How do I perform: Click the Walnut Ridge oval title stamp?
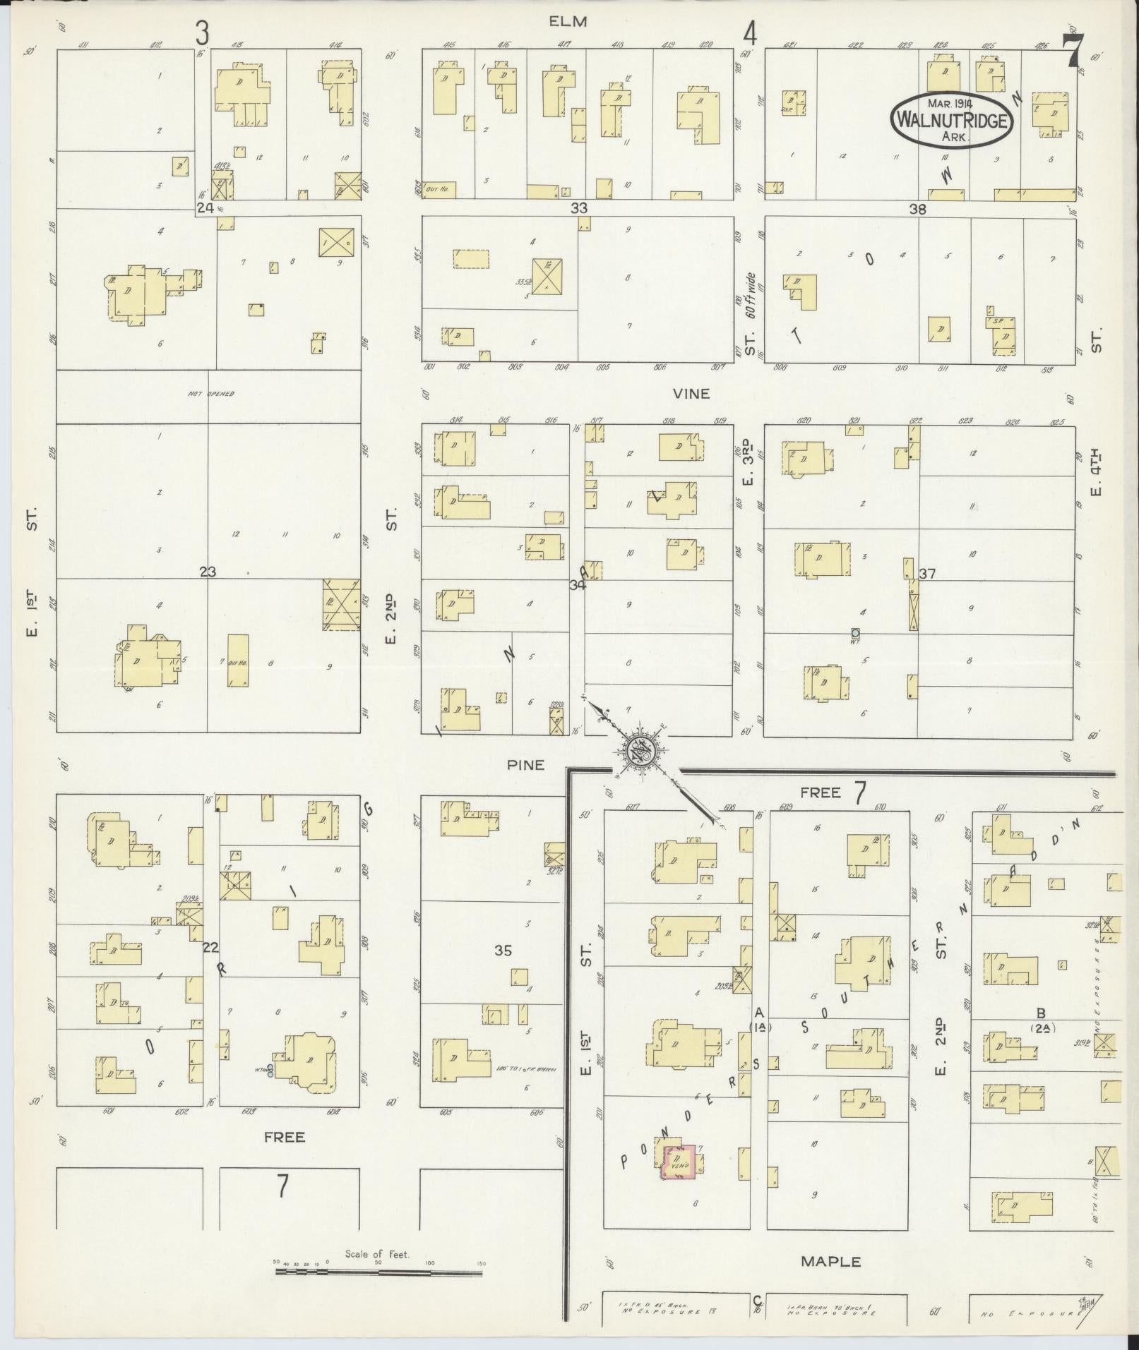click(951, 121)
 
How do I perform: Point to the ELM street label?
click(568, 22)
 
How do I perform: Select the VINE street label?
click(691, 394)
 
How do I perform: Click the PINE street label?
click(525, 764)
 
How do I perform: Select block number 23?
click(207, 572)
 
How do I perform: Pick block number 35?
click(502, 951)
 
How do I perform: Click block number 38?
click(917, 209)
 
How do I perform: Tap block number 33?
click(579, 208)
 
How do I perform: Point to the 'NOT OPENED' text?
click(210, 394)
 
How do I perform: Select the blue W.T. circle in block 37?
click(855, 633)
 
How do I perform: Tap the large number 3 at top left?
click(203, 32)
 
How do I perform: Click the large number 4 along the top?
click(749, 33)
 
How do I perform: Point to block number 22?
click(210, 948)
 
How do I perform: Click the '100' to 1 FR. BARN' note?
click(527, 1089)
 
